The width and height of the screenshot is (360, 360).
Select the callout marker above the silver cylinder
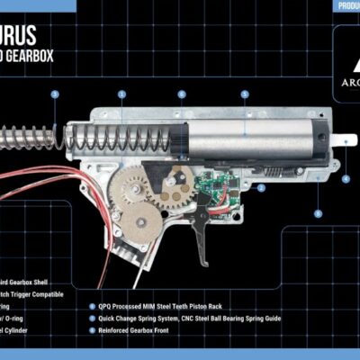[x=244, y=94]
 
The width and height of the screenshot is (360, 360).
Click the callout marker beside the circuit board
[x=261, y=188]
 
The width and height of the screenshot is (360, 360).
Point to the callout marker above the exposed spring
[x=55, y=94]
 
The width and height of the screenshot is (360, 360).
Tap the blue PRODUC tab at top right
[x=346, y=5]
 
